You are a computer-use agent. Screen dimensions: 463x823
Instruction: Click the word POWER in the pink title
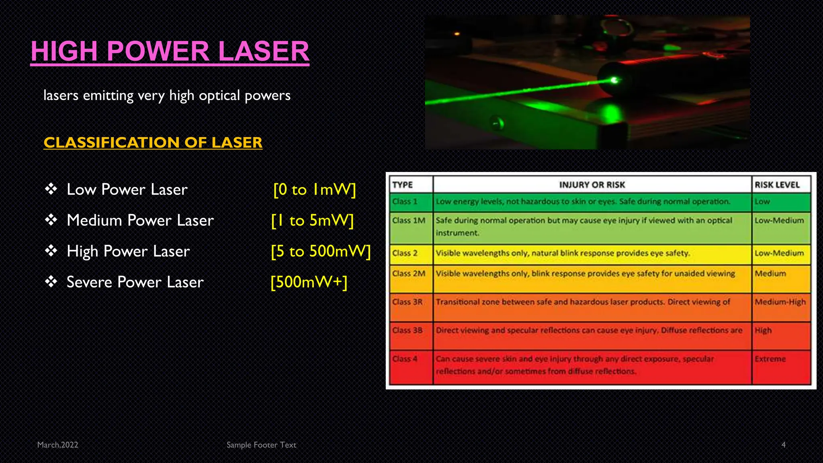tap(158, 51)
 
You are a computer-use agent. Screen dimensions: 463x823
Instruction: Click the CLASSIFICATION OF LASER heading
tap(153, 142)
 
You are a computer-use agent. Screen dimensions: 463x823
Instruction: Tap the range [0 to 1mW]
tap(314, 189)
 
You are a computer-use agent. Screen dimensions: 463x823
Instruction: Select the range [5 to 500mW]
tap(320, 251)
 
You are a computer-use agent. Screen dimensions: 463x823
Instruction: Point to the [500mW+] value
tap(309, 282)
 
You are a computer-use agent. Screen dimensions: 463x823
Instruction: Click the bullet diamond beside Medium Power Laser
tap(51, 220)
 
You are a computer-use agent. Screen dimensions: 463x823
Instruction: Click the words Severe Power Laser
tap(135, 282)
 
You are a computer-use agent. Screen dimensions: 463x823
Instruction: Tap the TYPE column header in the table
tap(403, 185)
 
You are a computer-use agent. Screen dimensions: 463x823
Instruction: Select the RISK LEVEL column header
tap(777, 185)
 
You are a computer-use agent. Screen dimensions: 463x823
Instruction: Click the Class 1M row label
tap(408, 221)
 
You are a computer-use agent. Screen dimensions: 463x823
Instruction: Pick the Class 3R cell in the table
tap(407, 302)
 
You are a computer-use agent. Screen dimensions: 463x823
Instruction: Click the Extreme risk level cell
tap(770, 359)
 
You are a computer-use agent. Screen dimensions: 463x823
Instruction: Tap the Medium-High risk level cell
tap(780, 302)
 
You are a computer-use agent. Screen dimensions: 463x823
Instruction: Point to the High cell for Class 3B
tap(763, 330)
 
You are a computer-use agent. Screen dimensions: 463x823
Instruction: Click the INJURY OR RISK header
tap(592, 185)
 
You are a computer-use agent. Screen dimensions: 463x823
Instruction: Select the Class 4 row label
tap(405, 359)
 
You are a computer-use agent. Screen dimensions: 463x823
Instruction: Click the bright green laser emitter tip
tap(614, 80)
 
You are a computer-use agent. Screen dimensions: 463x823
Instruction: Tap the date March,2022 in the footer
tap(57, 445)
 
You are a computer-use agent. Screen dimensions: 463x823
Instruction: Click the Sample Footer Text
tap(261, 445)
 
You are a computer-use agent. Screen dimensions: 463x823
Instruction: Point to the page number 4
tap(783, 445)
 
